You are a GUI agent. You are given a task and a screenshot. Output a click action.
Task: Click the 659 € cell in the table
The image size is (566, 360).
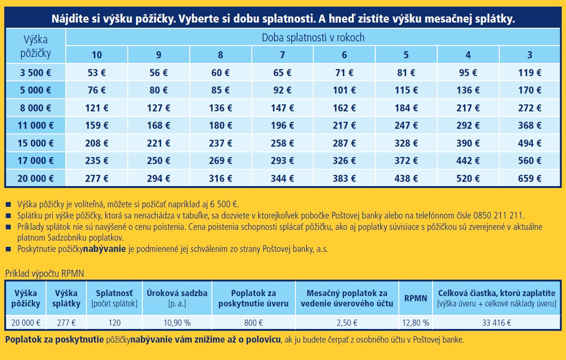[530, 179]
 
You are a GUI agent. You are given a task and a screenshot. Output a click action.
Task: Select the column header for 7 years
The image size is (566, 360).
[282, 55]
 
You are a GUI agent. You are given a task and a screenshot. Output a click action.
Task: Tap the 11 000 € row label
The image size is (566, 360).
[36, 125]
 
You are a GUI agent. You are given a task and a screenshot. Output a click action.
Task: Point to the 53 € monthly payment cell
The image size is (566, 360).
[97, 73]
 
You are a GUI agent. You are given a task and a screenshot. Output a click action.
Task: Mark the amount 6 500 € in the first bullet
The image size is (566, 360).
[224, 204]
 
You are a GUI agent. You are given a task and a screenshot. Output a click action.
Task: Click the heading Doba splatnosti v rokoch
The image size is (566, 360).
[313, 38]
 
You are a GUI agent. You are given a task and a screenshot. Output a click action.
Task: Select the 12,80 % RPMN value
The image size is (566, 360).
[416, 323]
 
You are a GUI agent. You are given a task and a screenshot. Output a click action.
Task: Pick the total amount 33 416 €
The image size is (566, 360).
[496, 323]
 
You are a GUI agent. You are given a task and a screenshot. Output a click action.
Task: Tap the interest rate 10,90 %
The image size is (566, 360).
[177, 323]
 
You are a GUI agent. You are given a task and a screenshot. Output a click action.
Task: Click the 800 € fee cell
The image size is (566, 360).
[254, 323]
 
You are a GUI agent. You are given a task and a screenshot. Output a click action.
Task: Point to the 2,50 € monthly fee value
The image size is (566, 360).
[347, 323]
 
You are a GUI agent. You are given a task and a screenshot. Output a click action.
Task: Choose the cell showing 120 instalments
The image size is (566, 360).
[114, 323]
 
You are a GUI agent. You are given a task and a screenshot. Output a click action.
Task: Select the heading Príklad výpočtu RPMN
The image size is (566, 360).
[45, 273]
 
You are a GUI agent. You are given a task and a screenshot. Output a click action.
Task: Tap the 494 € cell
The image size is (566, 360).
[530, 143]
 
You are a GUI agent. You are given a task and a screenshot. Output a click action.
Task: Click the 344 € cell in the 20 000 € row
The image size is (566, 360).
[282, 179]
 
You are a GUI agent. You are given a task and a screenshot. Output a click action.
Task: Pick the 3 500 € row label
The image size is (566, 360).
[36, 73]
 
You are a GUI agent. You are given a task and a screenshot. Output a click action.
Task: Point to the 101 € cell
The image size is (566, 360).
[344, 90]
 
